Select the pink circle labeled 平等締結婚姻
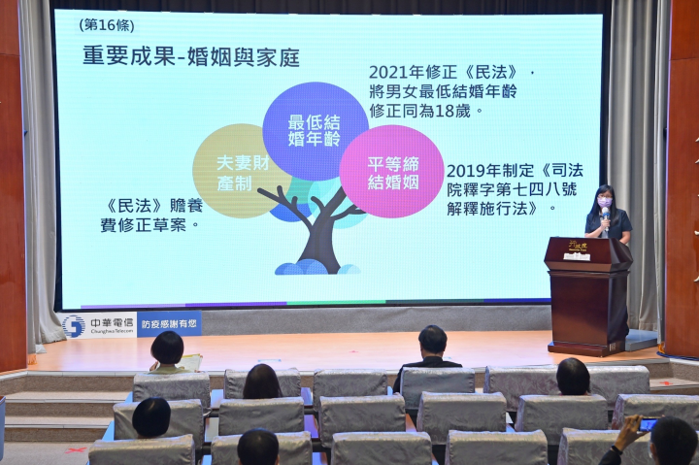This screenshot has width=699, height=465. [391, 171]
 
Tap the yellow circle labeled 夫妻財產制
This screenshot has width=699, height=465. [238, 170]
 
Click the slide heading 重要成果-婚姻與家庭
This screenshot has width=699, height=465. [189, 57]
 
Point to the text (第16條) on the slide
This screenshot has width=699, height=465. [107, 25]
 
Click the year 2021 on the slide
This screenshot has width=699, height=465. [386, 73]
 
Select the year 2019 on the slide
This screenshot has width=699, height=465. [464, 167]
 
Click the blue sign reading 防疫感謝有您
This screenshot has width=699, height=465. [169, 324]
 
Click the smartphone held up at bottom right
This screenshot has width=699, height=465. [648, 423]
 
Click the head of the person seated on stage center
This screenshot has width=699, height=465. [433, 340]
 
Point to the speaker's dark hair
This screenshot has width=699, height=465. [603, 193]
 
